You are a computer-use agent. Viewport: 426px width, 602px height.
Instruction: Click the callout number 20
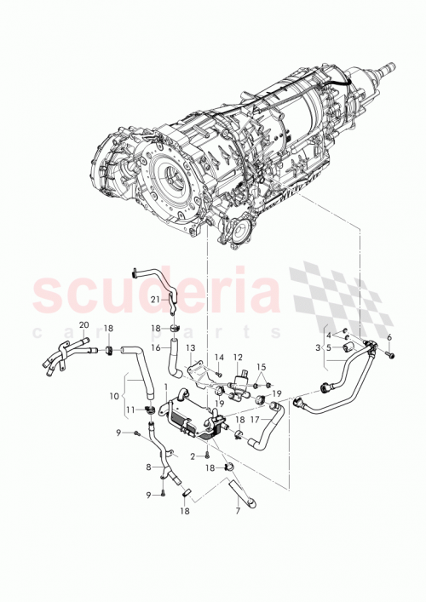pyautogui.click(x=84, y=324)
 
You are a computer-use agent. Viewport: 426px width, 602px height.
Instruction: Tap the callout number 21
pyautogui.click(x=156, y=299)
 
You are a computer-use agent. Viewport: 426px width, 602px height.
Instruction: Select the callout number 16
pyautogui.click(x=156, y=347)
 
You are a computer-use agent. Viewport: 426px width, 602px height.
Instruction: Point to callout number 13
pyautogui.click(x=191, y=348)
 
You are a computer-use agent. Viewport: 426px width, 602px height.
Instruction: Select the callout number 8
pyautogui.click(x=150, y=466)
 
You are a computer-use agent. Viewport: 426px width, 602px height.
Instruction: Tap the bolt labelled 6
pyautogui.click(x=389, y=354)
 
